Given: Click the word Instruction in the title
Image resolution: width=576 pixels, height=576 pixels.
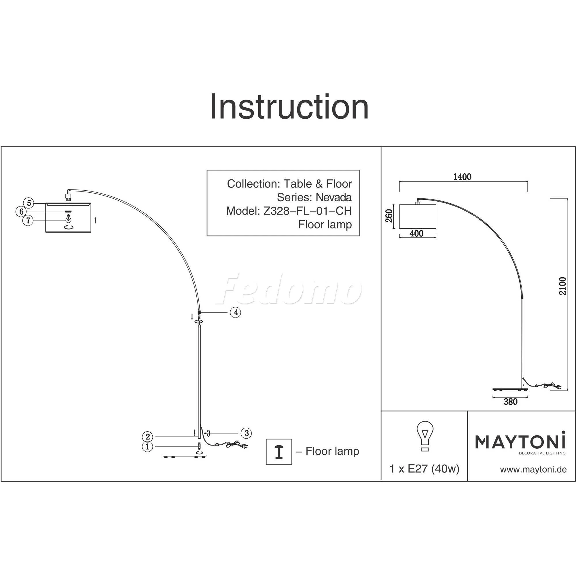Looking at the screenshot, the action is click(x=289, y=107).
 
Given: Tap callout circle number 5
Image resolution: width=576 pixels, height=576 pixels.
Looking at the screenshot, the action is click(x=29, y=203).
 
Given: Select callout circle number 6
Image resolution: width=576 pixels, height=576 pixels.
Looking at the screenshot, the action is click(x=21, y=212).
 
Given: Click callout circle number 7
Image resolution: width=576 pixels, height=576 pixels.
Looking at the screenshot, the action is click(x=28, y=221).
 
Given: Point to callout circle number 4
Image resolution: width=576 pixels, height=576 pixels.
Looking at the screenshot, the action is click(x=236, y=312).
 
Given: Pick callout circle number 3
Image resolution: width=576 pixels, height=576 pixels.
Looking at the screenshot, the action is click(x=246, y=433).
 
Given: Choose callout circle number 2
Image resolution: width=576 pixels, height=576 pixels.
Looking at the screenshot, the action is click(x=147, y=437).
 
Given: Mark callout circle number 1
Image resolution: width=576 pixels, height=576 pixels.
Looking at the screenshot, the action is click(x=147, y=446).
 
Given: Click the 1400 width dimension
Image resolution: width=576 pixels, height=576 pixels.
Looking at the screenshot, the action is click(x=463, y=177).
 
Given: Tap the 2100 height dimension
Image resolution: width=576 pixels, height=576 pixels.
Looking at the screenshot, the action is click(x=562, y=286).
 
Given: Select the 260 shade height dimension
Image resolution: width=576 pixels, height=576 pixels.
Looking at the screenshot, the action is click(x=389, y=215).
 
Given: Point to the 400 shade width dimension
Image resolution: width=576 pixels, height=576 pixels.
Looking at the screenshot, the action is click(x=416, y=234).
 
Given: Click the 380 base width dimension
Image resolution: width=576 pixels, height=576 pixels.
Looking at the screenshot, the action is click(x=511, y=402).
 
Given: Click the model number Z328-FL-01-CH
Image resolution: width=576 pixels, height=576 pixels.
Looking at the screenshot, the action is click(x=307, y=211).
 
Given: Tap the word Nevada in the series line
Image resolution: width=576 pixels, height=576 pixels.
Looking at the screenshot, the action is click(x=334, y=197).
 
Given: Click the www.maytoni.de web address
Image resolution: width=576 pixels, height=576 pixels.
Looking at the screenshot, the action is click(x=533, y=469).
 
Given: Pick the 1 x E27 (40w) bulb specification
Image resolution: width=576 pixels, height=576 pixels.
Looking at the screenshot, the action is click(x=425, y=469).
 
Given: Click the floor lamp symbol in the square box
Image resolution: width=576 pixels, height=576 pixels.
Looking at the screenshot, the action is click(x=279, y=452).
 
